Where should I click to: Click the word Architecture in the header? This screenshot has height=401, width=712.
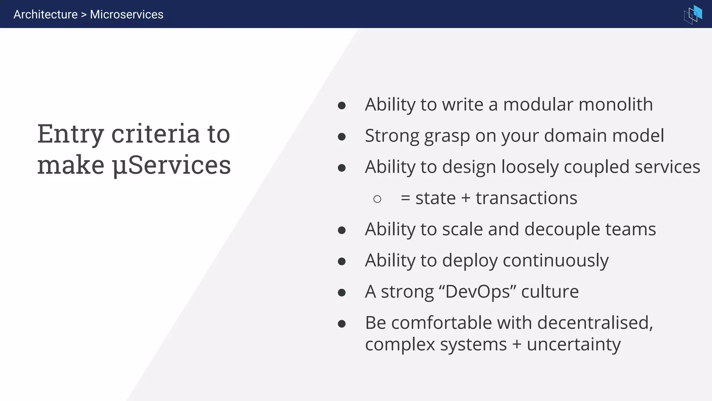click(46, 15)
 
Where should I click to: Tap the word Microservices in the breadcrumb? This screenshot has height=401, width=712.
click(127, 15)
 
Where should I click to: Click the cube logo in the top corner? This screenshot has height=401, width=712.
click(693, 14)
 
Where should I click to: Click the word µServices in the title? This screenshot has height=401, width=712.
click(171, 165)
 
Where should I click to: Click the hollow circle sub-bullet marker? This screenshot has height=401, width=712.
click(377, 199)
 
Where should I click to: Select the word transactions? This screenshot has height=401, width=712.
click(526, 198)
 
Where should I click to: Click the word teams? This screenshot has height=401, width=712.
click(630, 229)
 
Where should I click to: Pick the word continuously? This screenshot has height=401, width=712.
click(556, 261)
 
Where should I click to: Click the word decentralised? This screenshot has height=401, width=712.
click(594, 323)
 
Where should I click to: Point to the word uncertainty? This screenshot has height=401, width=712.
click(574, 345)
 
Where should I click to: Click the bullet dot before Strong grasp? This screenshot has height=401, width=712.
click(342, 137)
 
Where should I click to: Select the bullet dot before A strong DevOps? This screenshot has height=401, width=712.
click(342, 293)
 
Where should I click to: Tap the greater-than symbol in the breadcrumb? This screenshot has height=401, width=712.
click(84, 15)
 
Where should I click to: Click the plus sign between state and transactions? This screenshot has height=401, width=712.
click(466, 199)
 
